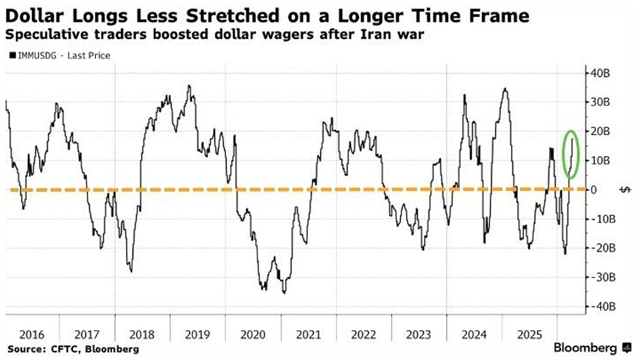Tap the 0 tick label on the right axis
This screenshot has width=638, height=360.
point(593,190)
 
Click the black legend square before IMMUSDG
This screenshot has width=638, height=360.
point(12,56)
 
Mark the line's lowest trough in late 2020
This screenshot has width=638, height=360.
point(284,293)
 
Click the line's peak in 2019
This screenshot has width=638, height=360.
point(189,86)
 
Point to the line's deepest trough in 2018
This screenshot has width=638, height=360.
point(132,272)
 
